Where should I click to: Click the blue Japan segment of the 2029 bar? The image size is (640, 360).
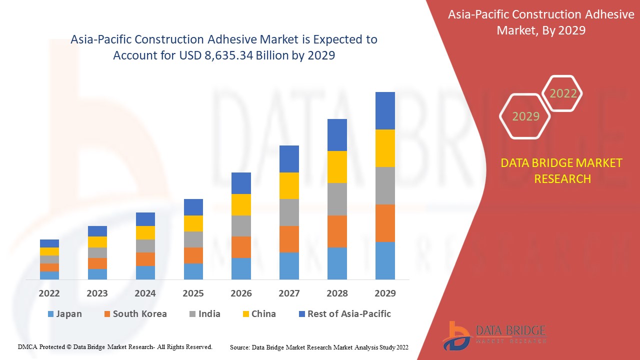tap(385, 260)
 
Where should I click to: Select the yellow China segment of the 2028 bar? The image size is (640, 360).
tap(337, 167)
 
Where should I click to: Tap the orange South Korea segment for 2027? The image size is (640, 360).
tap(289, 239)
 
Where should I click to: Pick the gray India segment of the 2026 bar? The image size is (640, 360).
tap(241, 226)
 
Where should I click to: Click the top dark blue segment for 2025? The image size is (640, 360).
tap(193, 207)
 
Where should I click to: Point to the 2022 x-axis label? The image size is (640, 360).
tap(49, 293)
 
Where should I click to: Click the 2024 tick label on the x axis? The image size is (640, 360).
tap(145, 293)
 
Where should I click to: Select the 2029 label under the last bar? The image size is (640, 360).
tap(385, 293)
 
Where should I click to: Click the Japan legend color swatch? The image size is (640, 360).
tap(50, 314)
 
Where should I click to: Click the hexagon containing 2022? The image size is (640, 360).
tap(562, 93)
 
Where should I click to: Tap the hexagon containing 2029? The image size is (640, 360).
tap(525, 116)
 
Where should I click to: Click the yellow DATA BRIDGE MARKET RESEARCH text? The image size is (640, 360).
tap(562, 170)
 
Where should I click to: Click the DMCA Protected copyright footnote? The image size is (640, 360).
tap(115, 346)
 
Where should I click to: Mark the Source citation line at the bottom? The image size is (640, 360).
tap(319, 347)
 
